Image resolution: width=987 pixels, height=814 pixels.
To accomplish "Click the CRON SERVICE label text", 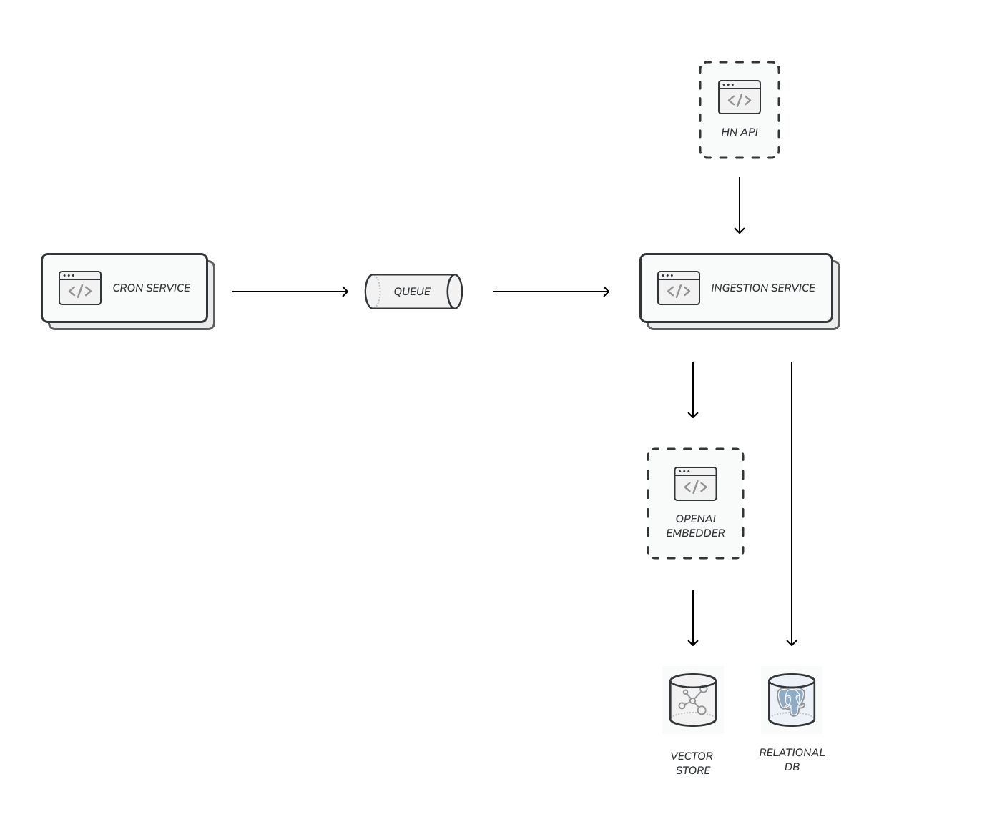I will tap(151, 288).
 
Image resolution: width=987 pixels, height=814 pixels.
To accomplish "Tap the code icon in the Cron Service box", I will tap(80, 288).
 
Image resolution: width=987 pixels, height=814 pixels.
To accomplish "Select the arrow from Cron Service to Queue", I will tap(290, 292).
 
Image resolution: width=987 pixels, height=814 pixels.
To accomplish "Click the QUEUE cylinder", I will tap(413, 292).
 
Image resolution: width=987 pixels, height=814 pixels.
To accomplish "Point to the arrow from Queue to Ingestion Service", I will tap(551, 292).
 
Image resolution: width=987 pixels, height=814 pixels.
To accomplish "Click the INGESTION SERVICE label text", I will tap(762, 288).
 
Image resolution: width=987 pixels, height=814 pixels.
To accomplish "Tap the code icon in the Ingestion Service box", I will tap(679, 288).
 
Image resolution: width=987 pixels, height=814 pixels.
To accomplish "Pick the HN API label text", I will tap(739, 132).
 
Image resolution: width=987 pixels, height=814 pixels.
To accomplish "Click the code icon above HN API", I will tap(740, 97).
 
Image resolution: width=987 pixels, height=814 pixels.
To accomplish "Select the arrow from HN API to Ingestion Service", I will tap(740, 206).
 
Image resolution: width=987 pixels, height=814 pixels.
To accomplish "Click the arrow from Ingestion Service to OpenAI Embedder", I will tap(692, 389).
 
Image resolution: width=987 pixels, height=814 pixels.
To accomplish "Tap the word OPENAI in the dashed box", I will tap(695, 519).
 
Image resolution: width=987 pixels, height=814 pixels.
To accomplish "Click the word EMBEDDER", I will tap(695, 533).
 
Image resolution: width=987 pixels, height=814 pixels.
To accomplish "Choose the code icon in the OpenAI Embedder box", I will tap(695, 484).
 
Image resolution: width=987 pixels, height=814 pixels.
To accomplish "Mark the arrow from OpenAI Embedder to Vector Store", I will tap(692, 617).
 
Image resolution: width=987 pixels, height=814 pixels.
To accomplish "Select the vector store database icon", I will tap(693, 700).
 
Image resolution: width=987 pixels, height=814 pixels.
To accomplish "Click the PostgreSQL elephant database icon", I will tap(792, 700).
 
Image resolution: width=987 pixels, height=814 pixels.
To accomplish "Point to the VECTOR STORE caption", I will tap(692, 763).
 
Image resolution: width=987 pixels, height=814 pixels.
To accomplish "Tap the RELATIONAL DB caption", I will tap(792, 760).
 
